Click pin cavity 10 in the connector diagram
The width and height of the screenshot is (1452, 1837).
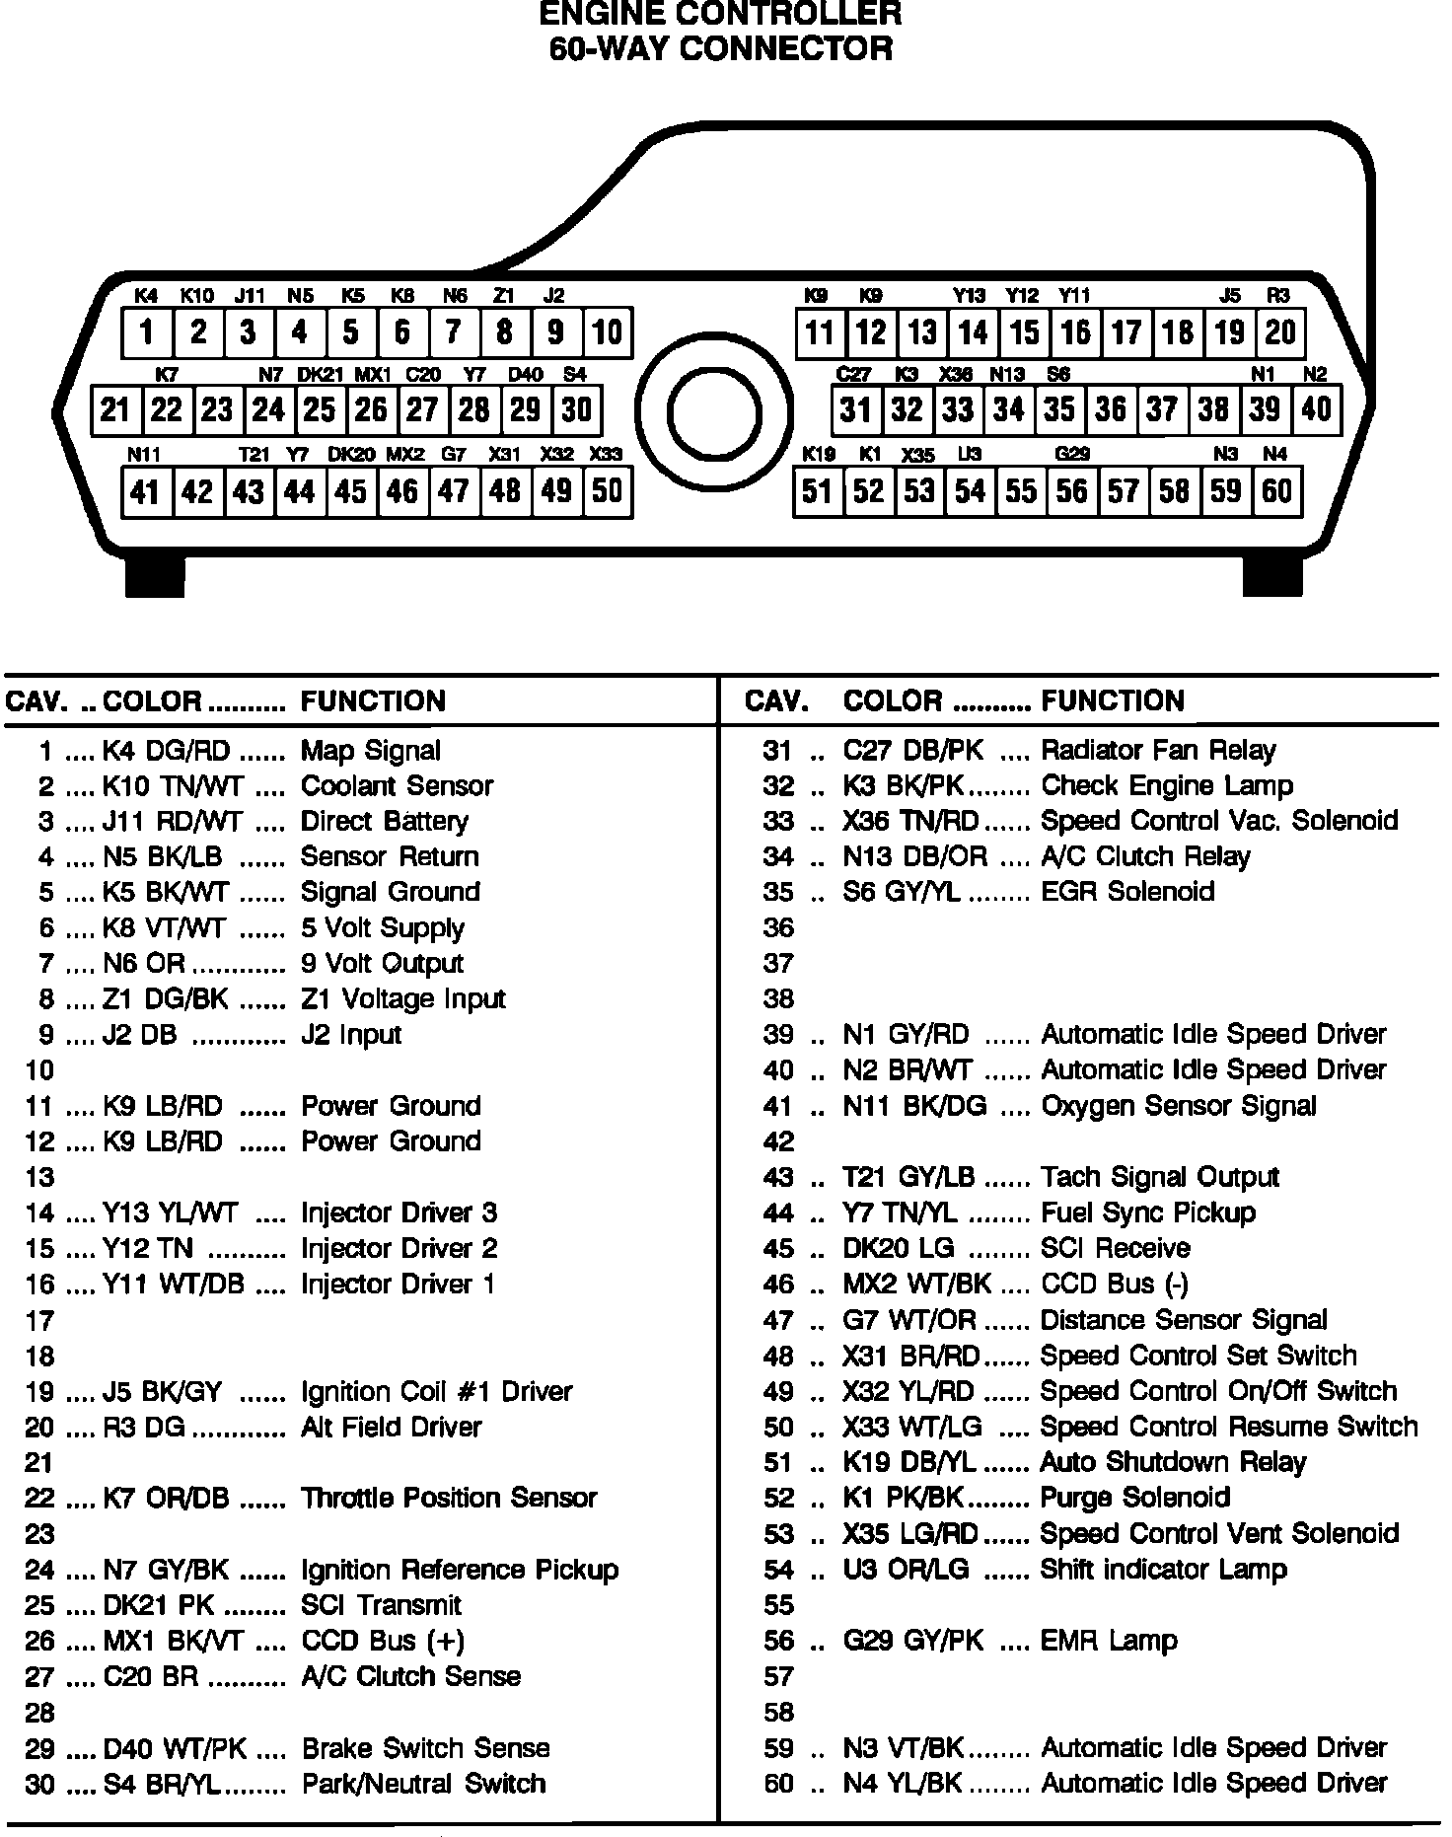(x=607, y=332)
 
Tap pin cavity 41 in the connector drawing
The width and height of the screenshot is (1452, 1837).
(x=146, y=491)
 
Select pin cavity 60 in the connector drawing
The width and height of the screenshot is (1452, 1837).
(x=1276, y=491)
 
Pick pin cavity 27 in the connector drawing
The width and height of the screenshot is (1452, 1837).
(x=422, y=409)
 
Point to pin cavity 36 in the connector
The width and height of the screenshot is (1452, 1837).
(x=1111, y=409)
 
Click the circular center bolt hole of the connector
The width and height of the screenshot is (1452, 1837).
(x=714, y=413)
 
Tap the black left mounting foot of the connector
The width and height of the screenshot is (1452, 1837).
(x=155, y=576)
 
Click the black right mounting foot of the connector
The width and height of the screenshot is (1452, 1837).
(x=1271, y=576)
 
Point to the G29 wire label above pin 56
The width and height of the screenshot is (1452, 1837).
(x=1072, y=454)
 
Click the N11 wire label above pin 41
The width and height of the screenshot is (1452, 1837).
(x=144, y=454)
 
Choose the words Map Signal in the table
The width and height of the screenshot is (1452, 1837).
(x=370, y=751)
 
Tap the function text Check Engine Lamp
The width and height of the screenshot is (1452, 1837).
(x=1166, y=786)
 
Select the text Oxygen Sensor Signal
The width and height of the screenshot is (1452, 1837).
(x=1178, y=1106)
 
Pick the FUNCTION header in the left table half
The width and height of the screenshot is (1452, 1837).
(x=373, y=701)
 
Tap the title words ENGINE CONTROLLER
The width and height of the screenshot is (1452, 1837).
(x=720, y=14)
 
